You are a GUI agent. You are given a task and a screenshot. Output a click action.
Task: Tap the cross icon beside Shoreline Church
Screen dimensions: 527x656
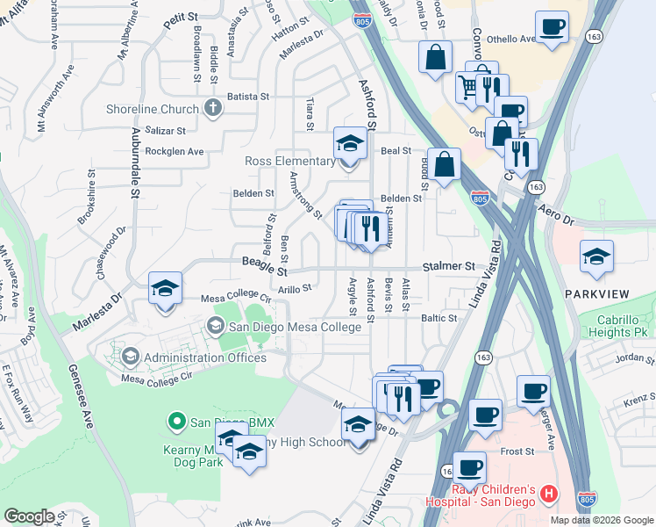coord(211,109)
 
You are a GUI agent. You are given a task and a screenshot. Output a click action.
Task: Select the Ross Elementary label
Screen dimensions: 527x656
coord(289,162)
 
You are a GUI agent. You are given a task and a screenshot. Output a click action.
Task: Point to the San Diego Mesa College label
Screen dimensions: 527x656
coord(295,327)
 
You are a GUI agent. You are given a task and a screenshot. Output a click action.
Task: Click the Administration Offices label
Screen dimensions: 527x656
coord(204,357)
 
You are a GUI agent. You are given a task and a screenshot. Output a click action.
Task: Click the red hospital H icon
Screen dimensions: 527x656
coord(549,495)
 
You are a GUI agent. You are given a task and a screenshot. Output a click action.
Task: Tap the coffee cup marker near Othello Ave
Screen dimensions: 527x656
coord(551,28)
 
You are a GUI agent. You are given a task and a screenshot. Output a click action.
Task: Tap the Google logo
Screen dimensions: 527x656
coord(29,516)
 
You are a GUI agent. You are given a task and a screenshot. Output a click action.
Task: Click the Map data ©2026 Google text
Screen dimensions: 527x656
coord(602,520)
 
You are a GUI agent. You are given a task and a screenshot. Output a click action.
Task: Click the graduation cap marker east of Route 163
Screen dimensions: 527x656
coord(596,257)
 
